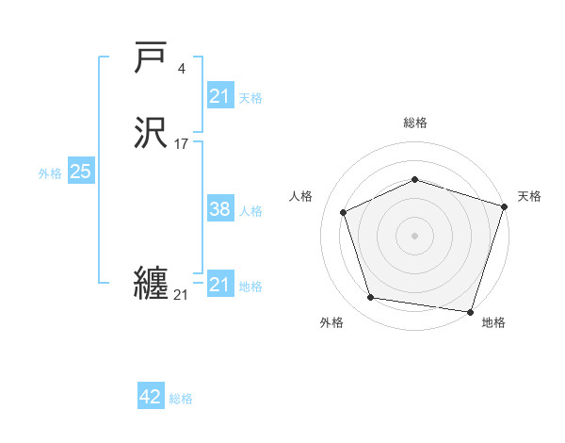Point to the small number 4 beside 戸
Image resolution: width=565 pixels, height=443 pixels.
point(182,68)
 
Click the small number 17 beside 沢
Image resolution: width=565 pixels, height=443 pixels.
point(181,144)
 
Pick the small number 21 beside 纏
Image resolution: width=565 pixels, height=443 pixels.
point(181,295)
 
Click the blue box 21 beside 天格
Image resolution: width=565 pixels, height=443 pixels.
point(219,96)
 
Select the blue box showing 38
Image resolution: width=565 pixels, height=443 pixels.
point(219,209)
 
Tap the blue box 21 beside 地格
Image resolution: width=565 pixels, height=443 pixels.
point(219,285)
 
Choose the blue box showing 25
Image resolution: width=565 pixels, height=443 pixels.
point(80,172)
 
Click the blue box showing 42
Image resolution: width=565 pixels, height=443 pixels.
point(151,397)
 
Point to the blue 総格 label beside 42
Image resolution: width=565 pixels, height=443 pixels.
point(181,399)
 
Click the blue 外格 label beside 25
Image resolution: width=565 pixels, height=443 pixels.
point(50,173)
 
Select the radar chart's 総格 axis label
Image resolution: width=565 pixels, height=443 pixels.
point(415,123)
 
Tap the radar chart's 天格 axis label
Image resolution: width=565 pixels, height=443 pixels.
point(529,196)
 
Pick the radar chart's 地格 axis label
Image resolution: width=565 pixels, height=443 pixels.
point(493,322)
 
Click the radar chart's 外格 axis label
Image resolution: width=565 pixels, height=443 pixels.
point(331,322)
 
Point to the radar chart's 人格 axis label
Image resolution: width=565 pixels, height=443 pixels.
point(300,196)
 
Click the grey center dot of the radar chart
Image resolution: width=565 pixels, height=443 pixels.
point(415,235)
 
